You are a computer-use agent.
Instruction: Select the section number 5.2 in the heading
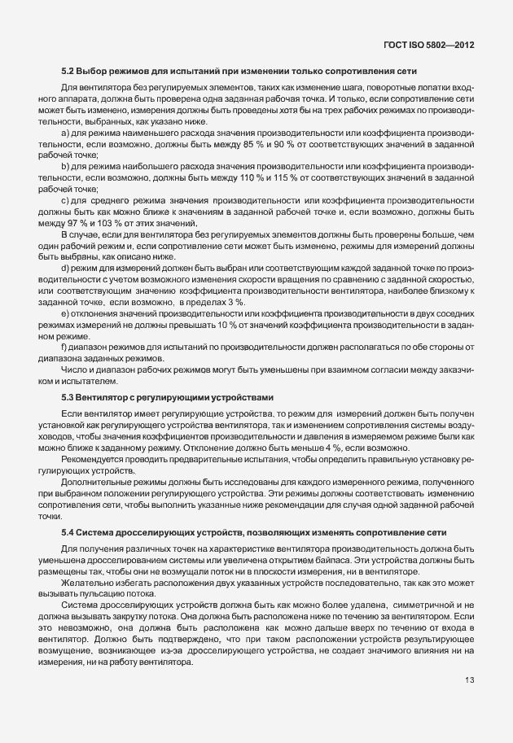coord(68,72)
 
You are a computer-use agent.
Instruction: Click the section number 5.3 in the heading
coord(68,396)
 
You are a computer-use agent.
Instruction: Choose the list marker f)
coord(64,369)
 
